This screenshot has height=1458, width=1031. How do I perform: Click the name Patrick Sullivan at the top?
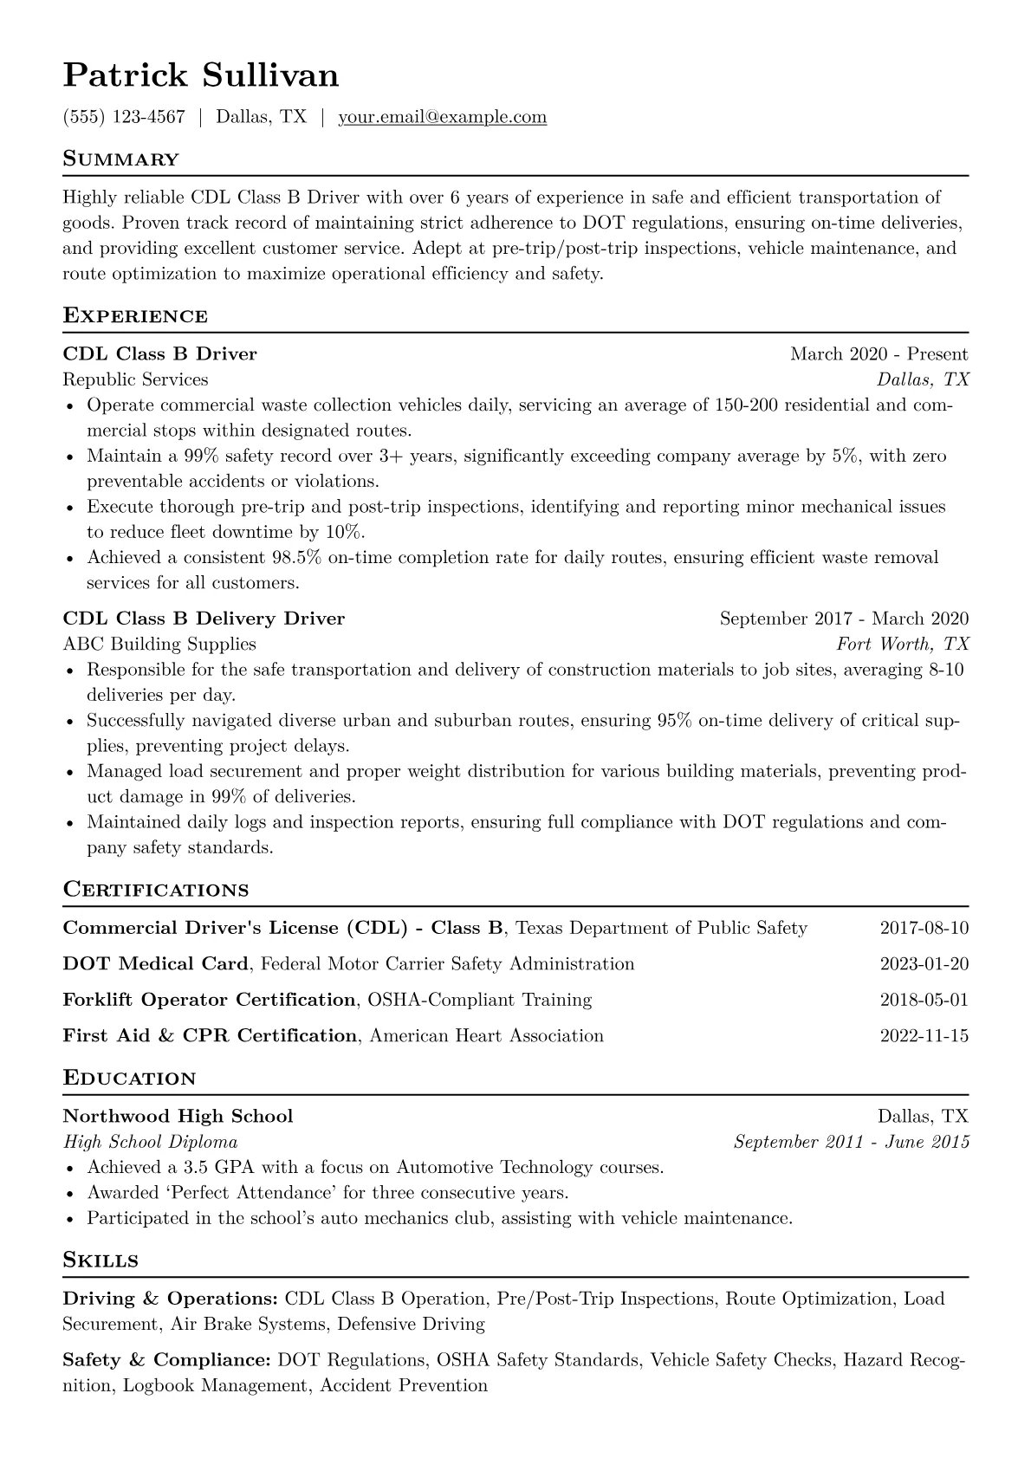[201, 75]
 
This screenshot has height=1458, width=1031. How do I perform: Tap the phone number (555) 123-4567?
[124, 117]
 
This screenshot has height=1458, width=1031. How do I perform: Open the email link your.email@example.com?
[442, 117]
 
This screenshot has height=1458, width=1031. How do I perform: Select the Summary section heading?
[120, 159]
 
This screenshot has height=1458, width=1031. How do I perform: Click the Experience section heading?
[135, 316]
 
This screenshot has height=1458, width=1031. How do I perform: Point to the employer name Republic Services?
[135, 379]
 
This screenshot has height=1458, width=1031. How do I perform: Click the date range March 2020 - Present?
[879, 354]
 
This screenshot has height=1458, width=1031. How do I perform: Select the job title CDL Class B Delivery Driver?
[204, 619]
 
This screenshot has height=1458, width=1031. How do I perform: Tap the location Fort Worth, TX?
[902, 644]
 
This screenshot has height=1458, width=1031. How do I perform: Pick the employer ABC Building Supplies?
[159, 644]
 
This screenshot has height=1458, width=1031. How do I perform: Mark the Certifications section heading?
[156, 890]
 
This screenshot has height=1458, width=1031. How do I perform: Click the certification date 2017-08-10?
[924, 929]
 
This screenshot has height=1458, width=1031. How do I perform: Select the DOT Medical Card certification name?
[156, 964]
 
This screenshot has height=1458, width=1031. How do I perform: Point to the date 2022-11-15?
[924, 1036]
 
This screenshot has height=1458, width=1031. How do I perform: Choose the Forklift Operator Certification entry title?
[209, 1000]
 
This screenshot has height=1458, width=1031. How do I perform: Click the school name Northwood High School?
[178, 1116]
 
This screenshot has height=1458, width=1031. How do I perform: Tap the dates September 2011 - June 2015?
[851, 1142]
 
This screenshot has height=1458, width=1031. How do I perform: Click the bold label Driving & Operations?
[170, 1299]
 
